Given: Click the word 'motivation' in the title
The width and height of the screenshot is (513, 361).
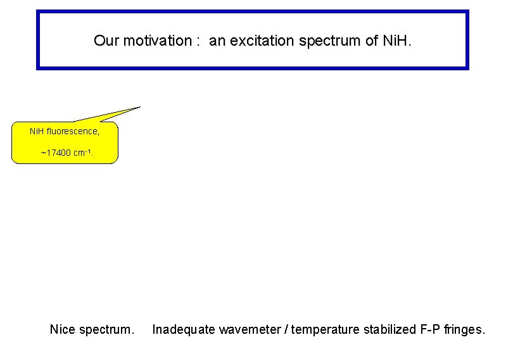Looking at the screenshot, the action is tap(158, 41).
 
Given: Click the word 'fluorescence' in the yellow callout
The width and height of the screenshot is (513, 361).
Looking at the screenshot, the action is tap(73, 132).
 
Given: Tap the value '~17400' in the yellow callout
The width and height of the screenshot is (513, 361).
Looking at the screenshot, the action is tap(53, 153).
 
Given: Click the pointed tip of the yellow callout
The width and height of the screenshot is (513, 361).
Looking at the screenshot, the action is tap(139, 107).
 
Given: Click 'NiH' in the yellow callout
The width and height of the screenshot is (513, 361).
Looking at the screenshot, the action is tap(37, 132).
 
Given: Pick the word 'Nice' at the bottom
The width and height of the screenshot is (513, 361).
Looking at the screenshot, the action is tap(63, 329).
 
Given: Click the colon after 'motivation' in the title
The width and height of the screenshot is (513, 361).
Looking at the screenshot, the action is tap(198, 42).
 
